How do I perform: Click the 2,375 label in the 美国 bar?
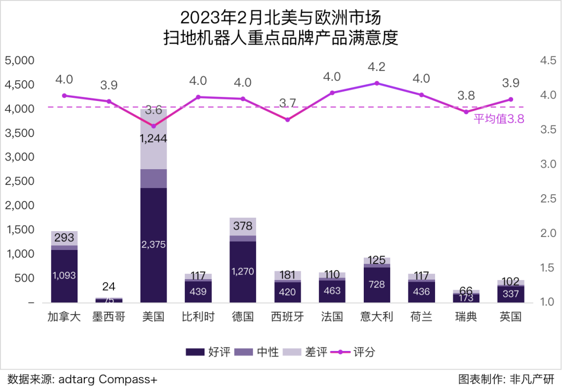pyautogui.click(x=154, y=244)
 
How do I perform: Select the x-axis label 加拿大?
pyautogui.click(x=64, y=317)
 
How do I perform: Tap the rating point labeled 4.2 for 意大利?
pyautogui.click(x=376, y=83)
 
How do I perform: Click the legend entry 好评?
pyautogui.click(x=208, y=352)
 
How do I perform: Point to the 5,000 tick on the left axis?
pyautogui.click(x=19, y=60)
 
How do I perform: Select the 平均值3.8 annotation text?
pyautogui.click(x=499, y=119)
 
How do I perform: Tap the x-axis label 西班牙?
pyautogui.click(x=287, y=317)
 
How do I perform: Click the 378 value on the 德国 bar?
pyautogui.click(x=242, y=226)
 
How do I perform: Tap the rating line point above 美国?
pyautogui.click(x=154, y=126)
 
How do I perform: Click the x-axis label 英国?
pyautogui.click(x=510, y=317)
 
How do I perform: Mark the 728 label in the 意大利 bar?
pyautogui.click(x=376, y=284)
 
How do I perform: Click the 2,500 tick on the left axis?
pyautogui.click(x=19, y=181)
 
